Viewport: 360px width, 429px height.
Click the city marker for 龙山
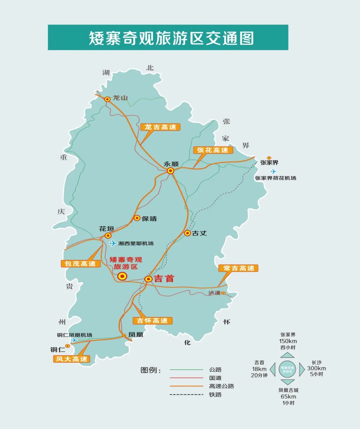(x=107, y=99)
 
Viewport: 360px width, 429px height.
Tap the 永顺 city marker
(x=171, y=171)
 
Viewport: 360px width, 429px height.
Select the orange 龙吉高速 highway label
(x=160, y=127)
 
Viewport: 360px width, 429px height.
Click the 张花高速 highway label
(x=213, y=150)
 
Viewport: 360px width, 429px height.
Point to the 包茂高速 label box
(x=80, y=263)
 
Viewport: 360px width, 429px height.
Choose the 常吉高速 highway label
(x=239, y=268)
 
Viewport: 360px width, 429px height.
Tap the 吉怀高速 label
(x=152, y=321)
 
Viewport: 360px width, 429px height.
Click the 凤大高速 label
(x=72, y=359)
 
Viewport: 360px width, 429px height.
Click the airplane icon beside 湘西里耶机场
(x=113, y=243)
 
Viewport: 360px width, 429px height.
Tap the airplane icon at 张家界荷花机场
(x=274, y=171)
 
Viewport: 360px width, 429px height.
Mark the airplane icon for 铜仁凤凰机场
(x=74, y=340)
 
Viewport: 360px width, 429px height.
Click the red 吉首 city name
(x=164, y=279)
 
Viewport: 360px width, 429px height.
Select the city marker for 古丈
(x=188, y=233)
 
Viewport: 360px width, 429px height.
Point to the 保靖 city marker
(x=137, y=218)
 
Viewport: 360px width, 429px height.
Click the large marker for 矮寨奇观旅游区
(x=122, y=276)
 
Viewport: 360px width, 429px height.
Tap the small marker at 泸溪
(x=223, y=293)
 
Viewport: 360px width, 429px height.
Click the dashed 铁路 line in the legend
(x=186, y=395)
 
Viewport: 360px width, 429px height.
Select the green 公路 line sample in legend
(x=186, y=370)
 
